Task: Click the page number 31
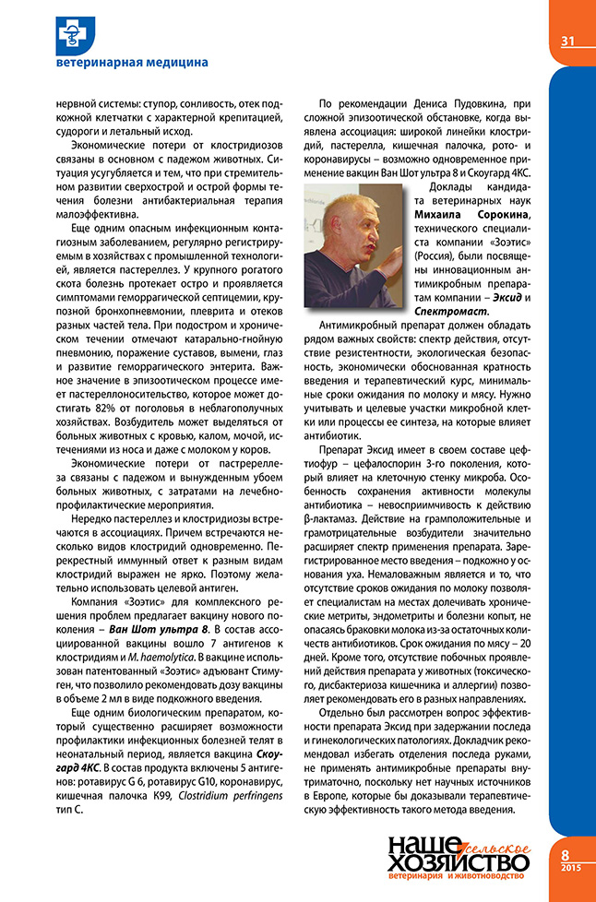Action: pos(567,40)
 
